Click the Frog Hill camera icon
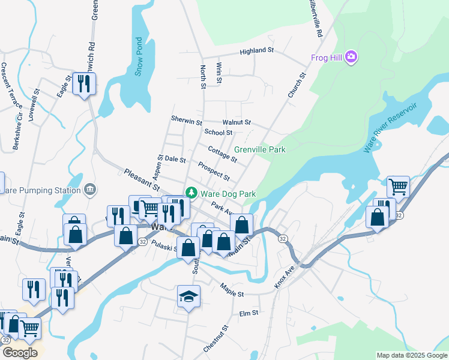click(x=351, y=58)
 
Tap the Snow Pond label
click(x=139, y=57)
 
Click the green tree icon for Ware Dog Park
click(x=191, y=193)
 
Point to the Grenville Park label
click(x=259, y=149)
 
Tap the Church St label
click(x=297, y=85)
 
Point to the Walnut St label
click(x=236, y=122)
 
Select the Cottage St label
click(x=222, y=154)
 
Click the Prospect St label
click(x=214, y=172)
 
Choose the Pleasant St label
click(x=142, y=180)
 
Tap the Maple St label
click(x=232, y=290)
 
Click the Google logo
click(x=20, y=353)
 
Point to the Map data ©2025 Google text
click(x=411, y=355)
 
